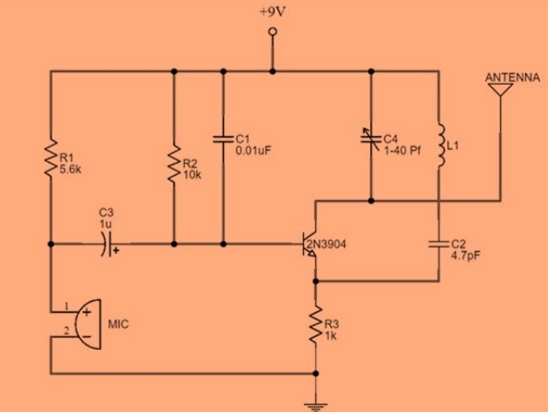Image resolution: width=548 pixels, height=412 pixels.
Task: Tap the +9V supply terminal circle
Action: pos(273,31)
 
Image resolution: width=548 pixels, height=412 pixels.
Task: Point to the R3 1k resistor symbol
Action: pos(315,327)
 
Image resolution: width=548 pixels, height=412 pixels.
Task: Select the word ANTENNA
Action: pos(512,78)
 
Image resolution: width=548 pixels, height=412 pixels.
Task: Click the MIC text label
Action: pos(119,324)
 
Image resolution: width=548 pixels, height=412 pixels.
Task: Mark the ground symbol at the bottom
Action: pos(315,403)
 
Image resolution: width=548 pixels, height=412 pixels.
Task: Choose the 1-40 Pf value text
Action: pos(403,150)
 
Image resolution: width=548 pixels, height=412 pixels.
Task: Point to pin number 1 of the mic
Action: pos(65,307)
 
